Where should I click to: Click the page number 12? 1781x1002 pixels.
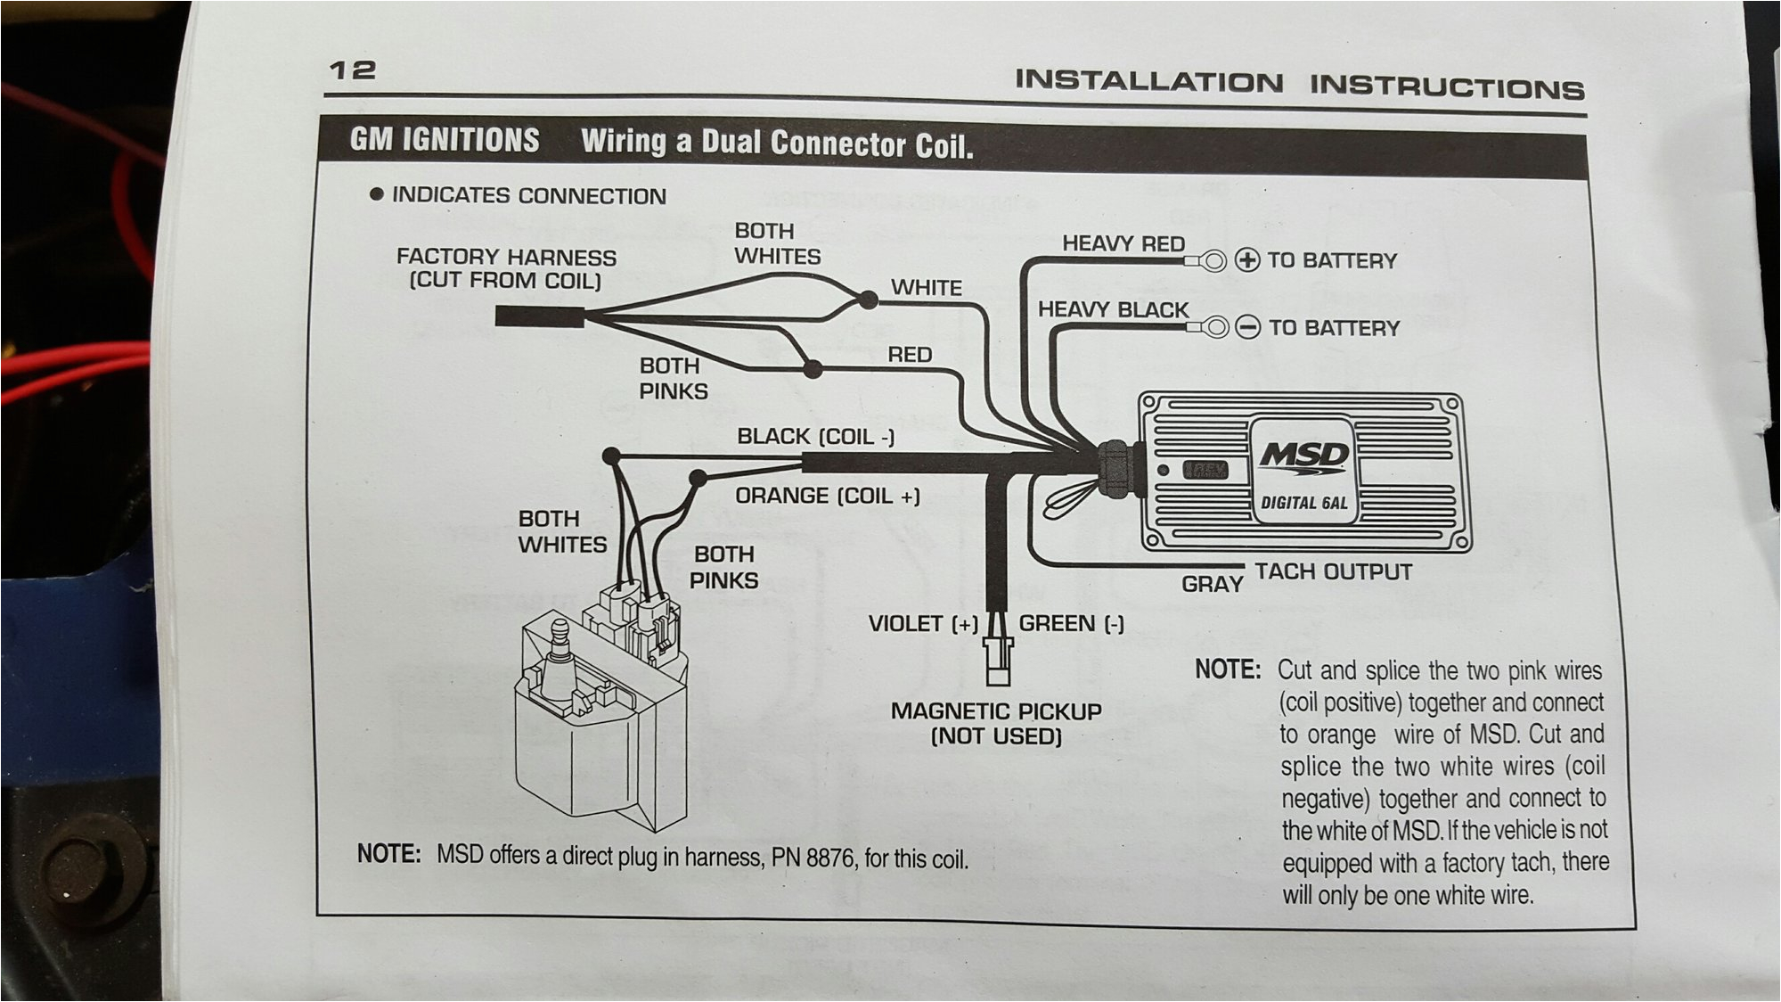point(353,70)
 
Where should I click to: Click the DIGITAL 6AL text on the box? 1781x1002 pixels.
point(1303,503)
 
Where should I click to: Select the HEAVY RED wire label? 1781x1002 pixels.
point(1123,243)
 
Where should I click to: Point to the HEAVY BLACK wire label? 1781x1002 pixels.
point(1113,309)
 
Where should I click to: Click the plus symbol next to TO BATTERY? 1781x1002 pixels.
point(1248,260)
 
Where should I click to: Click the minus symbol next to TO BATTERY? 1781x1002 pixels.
point(1248,328)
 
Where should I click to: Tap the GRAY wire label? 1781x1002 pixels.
point(1212,585)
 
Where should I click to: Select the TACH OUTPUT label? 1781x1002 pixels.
point(1333,571)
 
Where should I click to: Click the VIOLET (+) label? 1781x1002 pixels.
point(923,623)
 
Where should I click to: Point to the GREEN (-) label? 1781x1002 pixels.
point(1070,623)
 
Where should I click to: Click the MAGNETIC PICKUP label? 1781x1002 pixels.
point(995,711)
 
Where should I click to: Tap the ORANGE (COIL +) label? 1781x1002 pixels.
point(827,496)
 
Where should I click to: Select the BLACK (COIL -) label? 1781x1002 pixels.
point(814,436)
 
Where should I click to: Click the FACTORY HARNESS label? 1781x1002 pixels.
point(506,258)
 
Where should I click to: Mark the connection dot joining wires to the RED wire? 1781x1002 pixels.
point(812,368)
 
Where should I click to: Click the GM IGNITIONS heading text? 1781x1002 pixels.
point(445,140)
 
